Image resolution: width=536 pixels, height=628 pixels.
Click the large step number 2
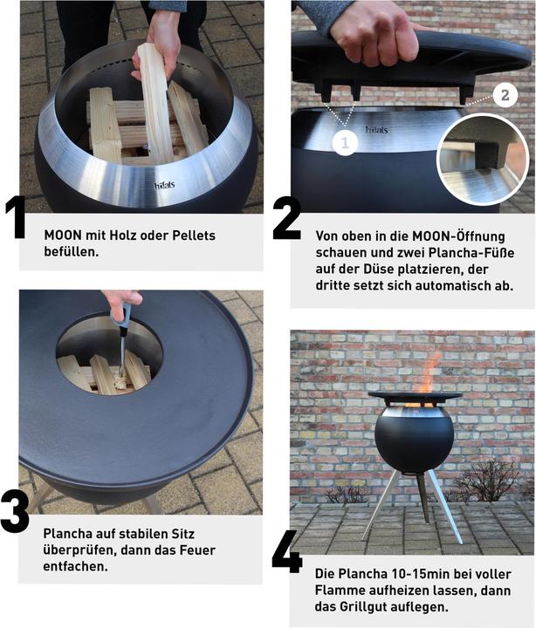pyautogui.click(x=286, y=220)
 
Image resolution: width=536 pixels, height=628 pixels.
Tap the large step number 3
pyautogui.click(x=15, y=513)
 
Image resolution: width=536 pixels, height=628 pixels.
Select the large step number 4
pyautogui.click(x=287, y=552)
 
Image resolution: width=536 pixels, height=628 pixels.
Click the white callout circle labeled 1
pyautogui.click(x=346, y=142)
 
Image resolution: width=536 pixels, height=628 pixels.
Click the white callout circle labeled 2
pyautogui.click(x=505, y=95)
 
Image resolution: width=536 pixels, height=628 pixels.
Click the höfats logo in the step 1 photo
pyautogui.click(x=164, y=186)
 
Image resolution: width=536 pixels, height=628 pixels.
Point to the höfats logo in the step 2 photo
pyautogui.click(x=376, y=130)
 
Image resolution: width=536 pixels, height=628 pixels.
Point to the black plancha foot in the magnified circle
pyautogui.click(x=486, y=155)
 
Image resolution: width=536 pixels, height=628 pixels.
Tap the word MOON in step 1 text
pyautogui.click(x=63, y=235)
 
